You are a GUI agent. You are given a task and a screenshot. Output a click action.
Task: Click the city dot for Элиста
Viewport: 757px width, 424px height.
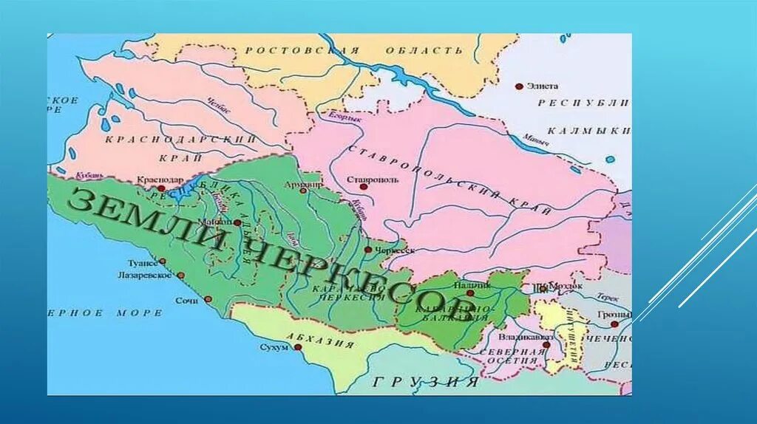coord(520,86)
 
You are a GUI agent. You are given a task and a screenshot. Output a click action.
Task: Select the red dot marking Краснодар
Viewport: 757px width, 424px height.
coord(161,188)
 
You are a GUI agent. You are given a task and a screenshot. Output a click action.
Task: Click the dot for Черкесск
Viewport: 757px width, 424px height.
coord(368,250)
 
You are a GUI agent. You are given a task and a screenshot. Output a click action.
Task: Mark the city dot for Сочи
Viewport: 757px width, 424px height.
coord(208,299)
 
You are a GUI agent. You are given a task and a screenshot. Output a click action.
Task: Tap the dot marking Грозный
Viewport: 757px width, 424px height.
coord(614,324)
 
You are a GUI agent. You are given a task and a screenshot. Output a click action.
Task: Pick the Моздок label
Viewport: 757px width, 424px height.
coord(566,284)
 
